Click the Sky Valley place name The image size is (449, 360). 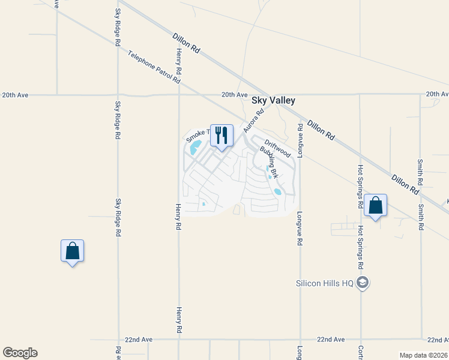pyautogui.click(x=273, y=101)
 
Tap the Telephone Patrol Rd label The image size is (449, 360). pyautogui.click(x=154, y=67)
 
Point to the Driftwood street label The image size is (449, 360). pyautogui.click(x=277, y=146)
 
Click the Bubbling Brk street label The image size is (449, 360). pyautogui.click(x=270, y=162)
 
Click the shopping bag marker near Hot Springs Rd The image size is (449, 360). pyautogui.click(x=375, y=205)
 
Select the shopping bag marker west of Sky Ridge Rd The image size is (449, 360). pyautogui.click(x=72, y=251)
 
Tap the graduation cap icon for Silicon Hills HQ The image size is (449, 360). pyautogui.click(x=362, y=283)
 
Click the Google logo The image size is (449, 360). pyautogui.click(x=20, y=353)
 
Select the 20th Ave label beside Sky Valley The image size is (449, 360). pyautogui.click(x=234, y=95)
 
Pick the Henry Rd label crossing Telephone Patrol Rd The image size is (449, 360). pyautogui.click(x=179, y=63)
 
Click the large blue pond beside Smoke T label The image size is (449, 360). pyautogui.click(x=195, y=147)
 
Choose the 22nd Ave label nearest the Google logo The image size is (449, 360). pyautogui.click(x=139, y=340)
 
